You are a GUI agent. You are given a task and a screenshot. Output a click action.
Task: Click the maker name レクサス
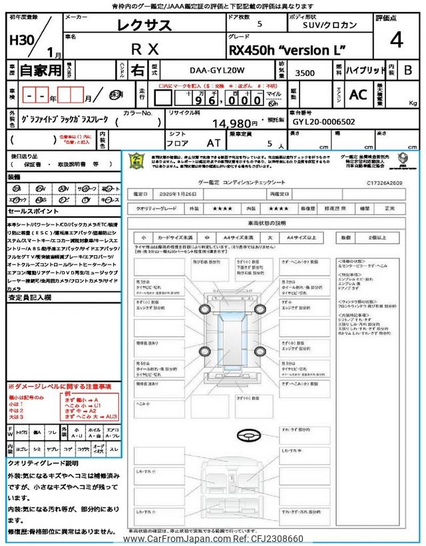coord(144,25)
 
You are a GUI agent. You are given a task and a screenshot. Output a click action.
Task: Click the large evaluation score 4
coord(397,40)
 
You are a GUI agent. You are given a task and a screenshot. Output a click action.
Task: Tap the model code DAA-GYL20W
coord(209,70)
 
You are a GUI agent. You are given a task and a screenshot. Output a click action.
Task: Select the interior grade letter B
coord(408,70)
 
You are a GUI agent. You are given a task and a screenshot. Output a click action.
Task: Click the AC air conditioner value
coord(358,94)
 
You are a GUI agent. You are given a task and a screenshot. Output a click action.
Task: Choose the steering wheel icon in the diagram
coord(250,436)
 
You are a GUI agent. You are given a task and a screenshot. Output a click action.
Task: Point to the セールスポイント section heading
coord(33,211)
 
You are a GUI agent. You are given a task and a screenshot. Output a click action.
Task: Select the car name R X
coord(144,48)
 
